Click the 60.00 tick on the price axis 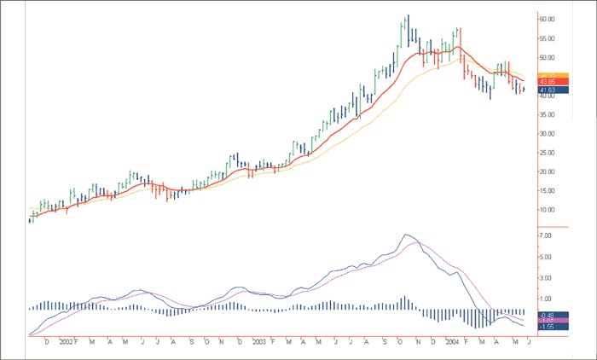click(548, 19)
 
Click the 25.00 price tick click(548, 153)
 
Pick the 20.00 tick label click(548, 171)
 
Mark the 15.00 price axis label click(548, 190)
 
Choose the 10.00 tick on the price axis click(548, 210)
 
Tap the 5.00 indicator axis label click(547, 255)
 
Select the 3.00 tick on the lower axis click(547, 277)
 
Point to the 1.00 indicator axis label click(547, 299)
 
